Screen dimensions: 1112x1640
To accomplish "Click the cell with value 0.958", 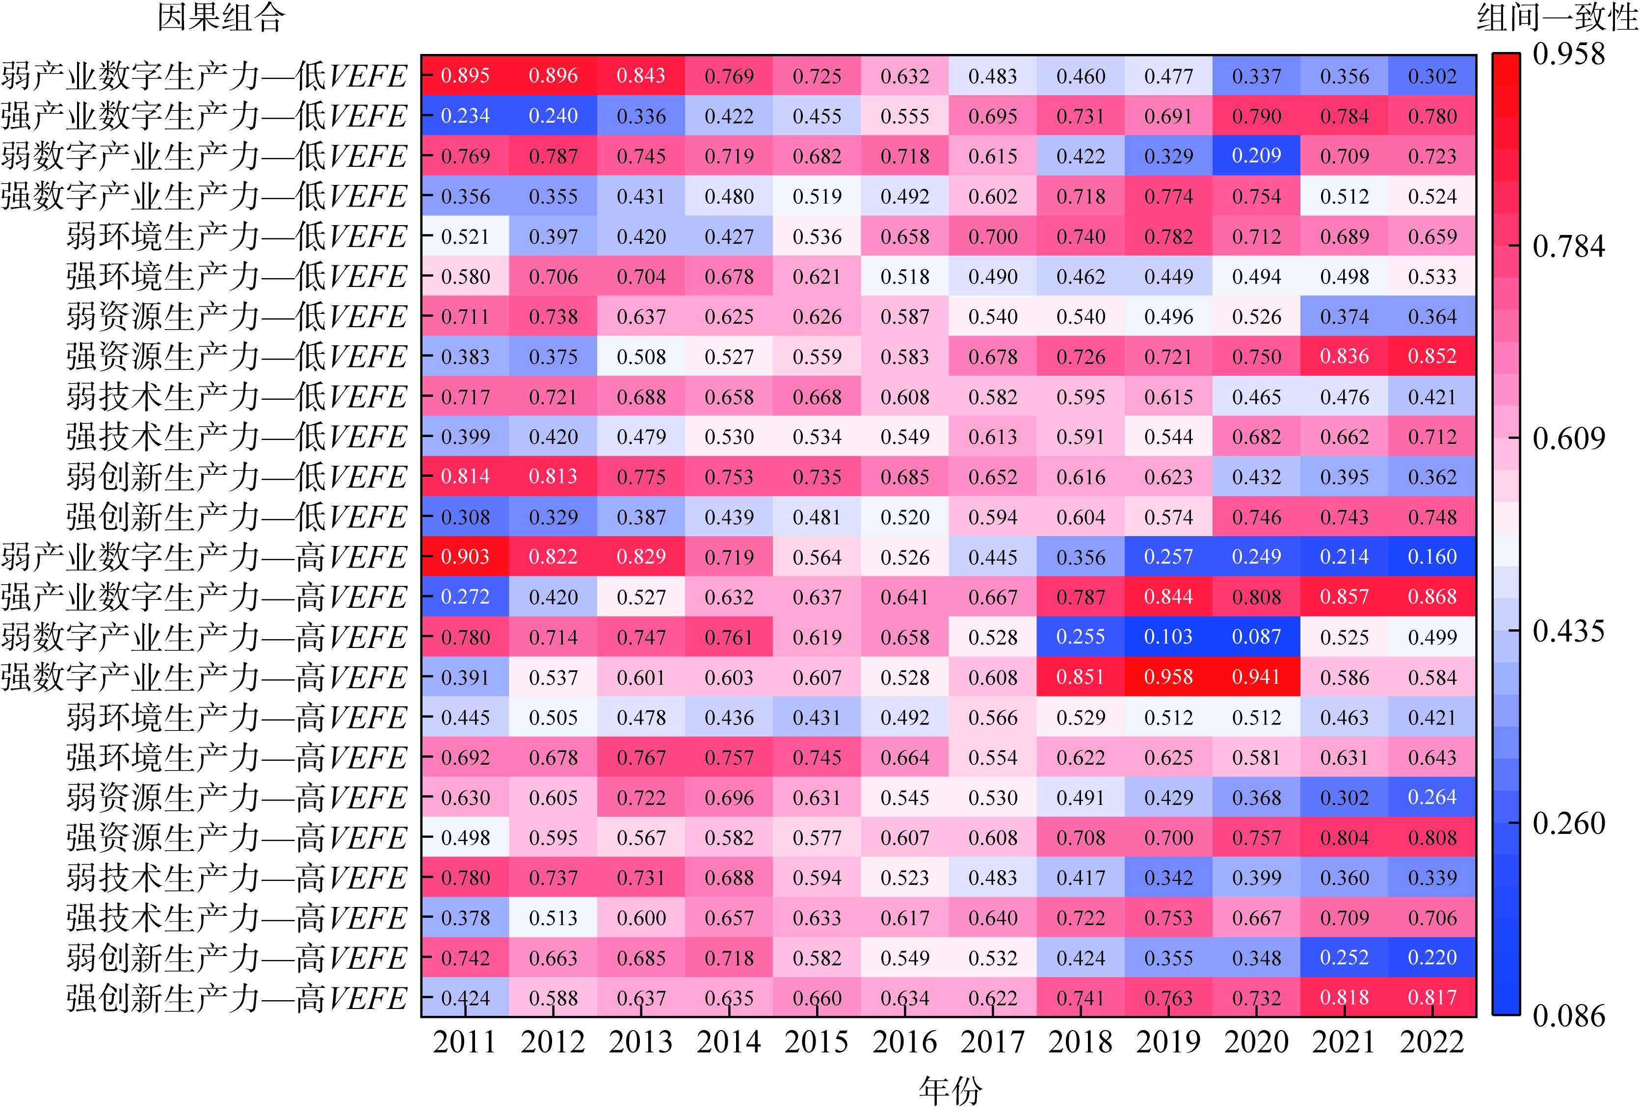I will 1168,677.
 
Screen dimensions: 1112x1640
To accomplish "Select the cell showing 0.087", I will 1256,637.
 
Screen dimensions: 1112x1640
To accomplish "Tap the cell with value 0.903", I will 465,557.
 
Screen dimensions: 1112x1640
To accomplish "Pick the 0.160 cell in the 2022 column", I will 1432,557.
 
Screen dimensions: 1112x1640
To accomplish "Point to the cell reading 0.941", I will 1256,677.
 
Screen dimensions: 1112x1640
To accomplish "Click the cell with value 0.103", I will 1168,637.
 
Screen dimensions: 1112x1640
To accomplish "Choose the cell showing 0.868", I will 1432,597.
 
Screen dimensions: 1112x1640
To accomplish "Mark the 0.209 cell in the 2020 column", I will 1256,156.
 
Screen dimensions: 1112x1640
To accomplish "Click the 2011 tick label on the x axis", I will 465,1042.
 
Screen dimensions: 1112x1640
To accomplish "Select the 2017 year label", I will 992,1042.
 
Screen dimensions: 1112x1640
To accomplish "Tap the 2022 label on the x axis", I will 1432,1042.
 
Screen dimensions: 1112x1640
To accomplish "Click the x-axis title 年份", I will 950,1091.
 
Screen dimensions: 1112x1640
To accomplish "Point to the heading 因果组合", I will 221,18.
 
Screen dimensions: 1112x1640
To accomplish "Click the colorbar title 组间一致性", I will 1557,18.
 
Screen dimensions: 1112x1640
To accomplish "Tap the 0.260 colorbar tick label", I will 1568,824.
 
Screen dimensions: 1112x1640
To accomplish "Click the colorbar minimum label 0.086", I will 1568,1016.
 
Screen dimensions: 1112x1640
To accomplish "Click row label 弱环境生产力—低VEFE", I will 237,236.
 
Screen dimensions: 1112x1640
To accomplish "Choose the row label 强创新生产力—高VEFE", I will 237,998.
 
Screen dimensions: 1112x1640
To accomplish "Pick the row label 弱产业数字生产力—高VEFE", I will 205,557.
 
